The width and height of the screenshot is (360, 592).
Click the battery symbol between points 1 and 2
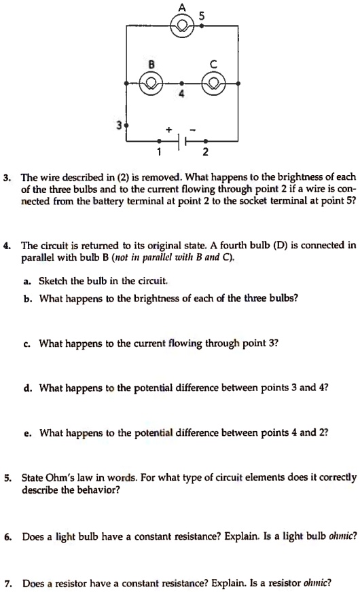click(182, 142)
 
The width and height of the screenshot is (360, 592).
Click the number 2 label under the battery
click(205, 151)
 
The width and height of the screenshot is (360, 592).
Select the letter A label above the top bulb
click(181, 6)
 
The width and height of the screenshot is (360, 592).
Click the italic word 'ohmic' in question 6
click(342, 536)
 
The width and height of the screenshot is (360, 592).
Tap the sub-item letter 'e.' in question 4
click(26, 432)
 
